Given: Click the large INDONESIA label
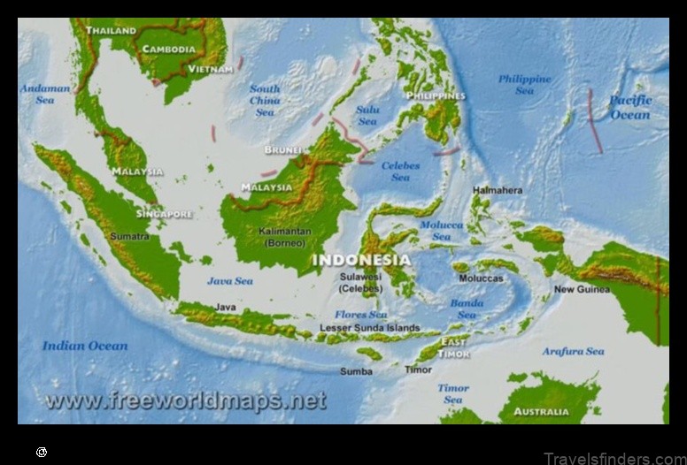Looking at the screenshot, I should [x=361, y=260].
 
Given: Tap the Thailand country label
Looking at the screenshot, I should [x=111, y=31].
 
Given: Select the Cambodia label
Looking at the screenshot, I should [x=169, y=50].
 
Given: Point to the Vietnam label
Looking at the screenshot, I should [x=211, y=68].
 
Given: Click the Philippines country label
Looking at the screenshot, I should [x=435, y=95].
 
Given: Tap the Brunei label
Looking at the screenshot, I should [x=282, y=149].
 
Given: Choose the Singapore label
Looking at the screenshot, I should [x=164, y=214].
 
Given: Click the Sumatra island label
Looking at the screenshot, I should [x=129, y=237].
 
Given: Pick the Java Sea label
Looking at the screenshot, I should [x=230, y=281].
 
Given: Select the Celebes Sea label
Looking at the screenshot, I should [x=400, y=172].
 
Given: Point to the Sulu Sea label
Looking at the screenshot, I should [x=367, y=115].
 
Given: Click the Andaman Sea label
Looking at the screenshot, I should [x=45, y=95].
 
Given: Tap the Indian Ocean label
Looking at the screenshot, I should [x=85, y=346].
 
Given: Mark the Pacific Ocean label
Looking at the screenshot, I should [x=629, y=107].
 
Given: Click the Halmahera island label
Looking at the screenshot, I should [x=498, y=190].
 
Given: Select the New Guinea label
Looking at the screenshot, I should [x=582, y=289].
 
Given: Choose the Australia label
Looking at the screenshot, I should [x=542, y=411].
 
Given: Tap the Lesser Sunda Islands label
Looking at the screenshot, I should [x=370, y=328].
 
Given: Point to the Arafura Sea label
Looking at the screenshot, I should [x=574, y=351].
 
